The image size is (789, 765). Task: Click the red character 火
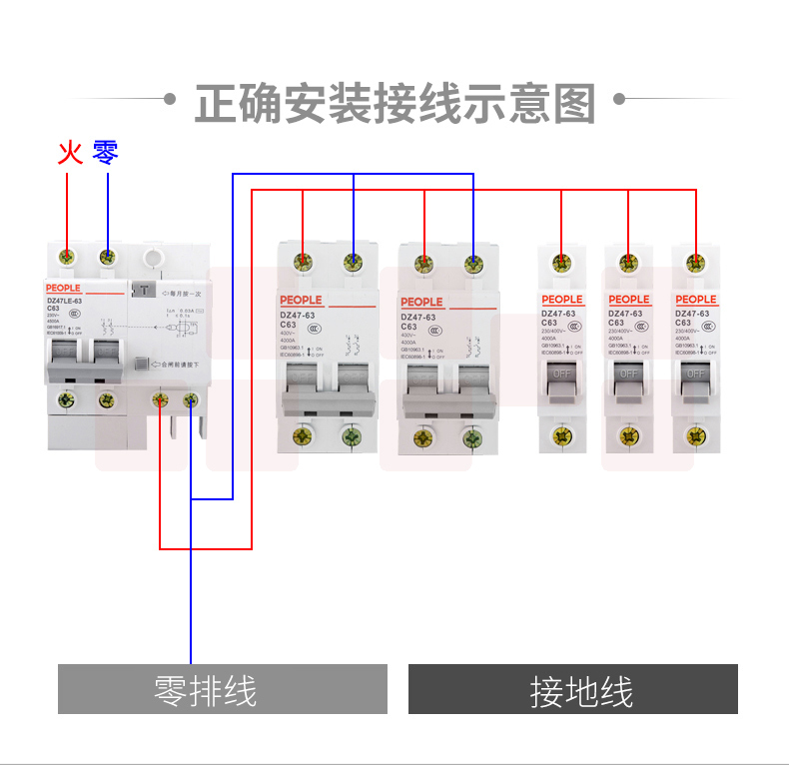(x=68, y=153)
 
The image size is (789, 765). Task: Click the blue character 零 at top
(x=106, y=153)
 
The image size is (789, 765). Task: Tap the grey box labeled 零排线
(x=222, y=690)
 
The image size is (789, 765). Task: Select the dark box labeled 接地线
(x=573, y=690)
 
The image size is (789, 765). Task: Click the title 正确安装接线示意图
(x=394, y=103)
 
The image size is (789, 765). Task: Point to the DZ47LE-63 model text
(x=65, y=300)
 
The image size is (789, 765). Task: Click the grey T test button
(x=146, y=292)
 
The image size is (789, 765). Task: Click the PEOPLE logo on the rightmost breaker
(x=695, y=300)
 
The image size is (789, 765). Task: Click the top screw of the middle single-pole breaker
(x=628, y=264)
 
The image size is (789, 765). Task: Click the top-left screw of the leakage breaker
(x=68, y=257)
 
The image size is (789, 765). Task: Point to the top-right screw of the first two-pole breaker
(x=353, y=263)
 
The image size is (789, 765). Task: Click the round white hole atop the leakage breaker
(x=153, y=259)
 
